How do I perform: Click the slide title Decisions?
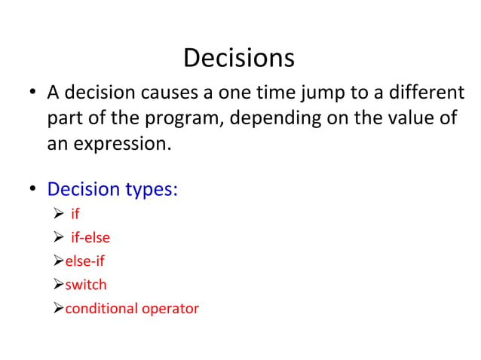coord(239,58)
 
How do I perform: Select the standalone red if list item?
coord(75,214)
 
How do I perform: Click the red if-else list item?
coord(90,237)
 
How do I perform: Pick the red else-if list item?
coord(84,261)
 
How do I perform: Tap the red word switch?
coord(86,284)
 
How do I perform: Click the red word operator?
coord(170,308)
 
